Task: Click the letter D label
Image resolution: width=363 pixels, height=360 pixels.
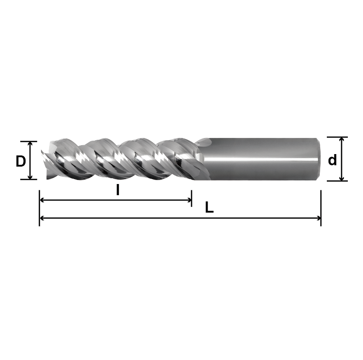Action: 21,161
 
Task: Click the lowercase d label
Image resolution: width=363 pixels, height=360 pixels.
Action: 332,160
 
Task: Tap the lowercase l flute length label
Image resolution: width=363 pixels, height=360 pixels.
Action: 117,190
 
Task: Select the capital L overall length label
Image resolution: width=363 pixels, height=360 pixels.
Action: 209,207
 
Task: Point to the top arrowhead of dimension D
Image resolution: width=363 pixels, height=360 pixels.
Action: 30,144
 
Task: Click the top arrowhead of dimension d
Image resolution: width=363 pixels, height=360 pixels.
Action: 342,140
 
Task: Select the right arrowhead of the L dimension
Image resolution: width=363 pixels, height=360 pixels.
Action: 318,218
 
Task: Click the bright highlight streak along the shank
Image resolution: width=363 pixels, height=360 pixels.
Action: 263,159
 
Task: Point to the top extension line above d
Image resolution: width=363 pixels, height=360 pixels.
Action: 337,137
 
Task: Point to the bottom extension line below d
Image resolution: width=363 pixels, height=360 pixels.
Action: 337,181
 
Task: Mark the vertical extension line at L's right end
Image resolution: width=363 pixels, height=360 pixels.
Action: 321,205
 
